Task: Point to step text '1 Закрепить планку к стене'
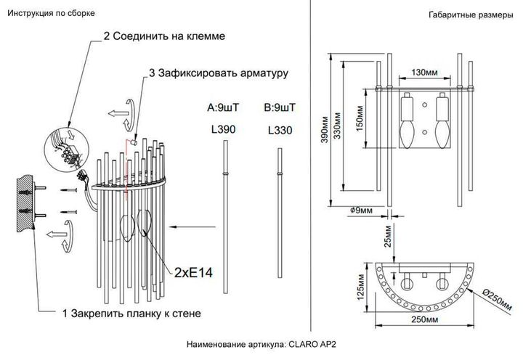(131, 313)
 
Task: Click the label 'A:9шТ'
(223, 107)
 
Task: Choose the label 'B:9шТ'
(280, 107)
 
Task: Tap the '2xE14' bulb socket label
(192, 273)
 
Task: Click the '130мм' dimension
(423, 73)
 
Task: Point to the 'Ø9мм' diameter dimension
(361, 210)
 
